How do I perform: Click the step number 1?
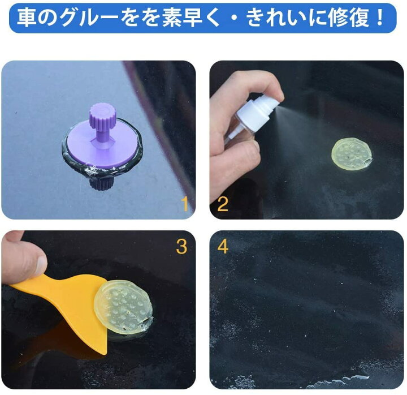click(x=184, y=204)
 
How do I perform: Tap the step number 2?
click(x=223, y=204)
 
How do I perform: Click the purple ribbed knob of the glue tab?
click(x=102, y=114)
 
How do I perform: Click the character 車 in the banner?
click(x=27, y=19)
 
